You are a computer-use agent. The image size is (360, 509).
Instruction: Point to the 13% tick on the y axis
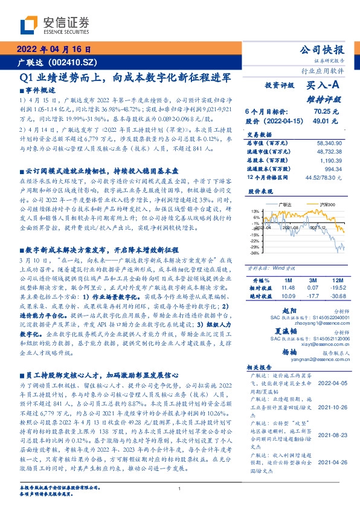[x=257, y=211]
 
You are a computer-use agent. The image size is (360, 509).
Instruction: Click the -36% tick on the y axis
[x=256, y=253]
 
